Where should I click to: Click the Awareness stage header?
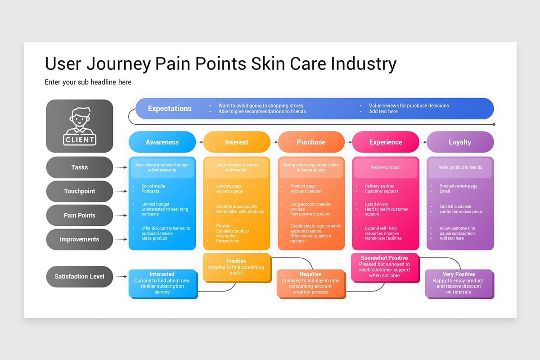tap(162, 142)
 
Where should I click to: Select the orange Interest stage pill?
tap(237, 142)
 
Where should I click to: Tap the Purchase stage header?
tap(311, 142)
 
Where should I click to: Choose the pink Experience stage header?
tap(386, 142)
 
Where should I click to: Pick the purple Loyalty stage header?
tap(460, 142)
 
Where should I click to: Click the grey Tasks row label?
tap(80, 167)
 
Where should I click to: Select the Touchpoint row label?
tap(80, 191)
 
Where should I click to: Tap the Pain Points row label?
tap(80, 215)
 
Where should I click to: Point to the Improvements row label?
tap(80, 239)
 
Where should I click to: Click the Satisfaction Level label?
tap(80, 276)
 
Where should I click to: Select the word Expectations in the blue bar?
tap(170, 108)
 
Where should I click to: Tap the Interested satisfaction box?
tap(162, 283)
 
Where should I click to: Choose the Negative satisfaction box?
tap(310, 283)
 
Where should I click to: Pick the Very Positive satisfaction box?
tap(459, 283)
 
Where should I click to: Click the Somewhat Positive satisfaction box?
tap(385, 267)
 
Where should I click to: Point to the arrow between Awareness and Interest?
tap(200, 142)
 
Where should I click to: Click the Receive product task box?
tap(386, 167)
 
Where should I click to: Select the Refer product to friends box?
tap(460, 167)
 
